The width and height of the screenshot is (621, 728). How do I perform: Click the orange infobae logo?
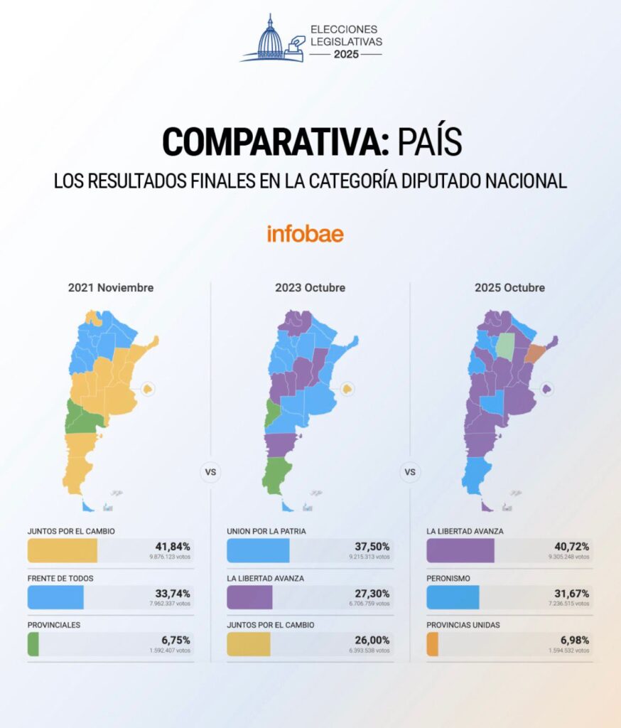(306, 233)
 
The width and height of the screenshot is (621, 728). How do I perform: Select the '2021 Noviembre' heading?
(111, 288)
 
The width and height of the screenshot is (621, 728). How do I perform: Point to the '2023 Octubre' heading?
(310, 288)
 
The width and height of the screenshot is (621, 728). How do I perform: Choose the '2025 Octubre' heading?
(509, 288)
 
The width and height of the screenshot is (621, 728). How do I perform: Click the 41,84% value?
(173, 546)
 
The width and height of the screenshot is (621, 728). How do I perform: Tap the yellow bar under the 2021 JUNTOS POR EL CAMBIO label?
(63, 550)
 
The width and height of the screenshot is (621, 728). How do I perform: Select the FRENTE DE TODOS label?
(60, 578)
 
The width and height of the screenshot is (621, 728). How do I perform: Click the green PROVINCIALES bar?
(33, 644)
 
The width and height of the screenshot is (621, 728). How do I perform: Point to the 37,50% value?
(372, 546)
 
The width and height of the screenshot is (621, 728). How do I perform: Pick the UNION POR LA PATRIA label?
(266, 531)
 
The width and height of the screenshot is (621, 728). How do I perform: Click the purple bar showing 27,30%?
(249, 597)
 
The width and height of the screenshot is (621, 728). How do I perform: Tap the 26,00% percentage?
(372, 640)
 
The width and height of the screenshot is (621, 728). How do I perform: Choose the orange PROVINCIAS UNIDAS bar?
(432, 644)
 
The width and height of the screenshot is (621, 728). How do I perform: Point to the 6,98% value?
(574, 640)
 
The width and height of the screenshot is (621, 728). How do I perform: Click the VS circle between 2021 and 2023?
(210, 472)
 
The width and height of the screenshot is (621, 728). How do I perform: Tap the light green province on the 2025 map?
(504, 345)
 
